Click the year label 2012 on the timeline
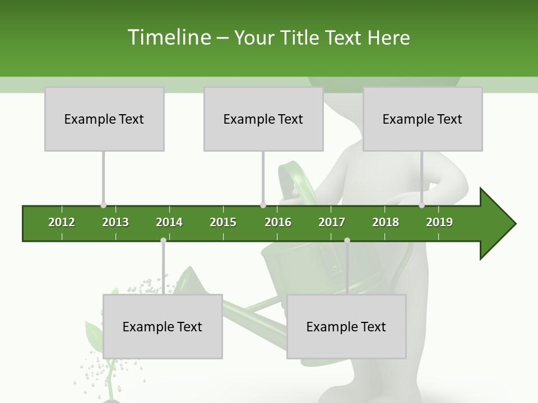pyautogui.click(x=62, y=222)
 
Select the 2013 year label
pyautogui.click(x=115, y=222)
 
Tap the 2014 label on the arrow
pyautogui.click(x=169, y=222)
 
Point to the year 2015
pyautogui.click(x=223, y=222)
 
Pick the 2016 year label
pyautogui.click(x=278, y=222)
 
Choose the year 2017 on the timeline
pyautogui.click(x=332, y=222)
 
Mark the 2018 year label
pyautogui.click(x=386, y=222)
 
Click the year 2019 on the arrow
pyautogui.click(x=439, y=222)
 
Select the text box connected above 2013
pyautogui.click(x=104, y=119)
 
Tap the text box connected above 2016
pyautogui.click(x=263, y=119)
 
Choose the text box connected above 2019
pyautogui.click(x=423, y=119)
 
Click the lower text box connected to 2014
pyautogui.click(x=163, y=326)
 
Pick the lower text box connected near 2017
pyautogui.click(x=346, y=326)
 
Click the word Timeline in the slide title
pyautogui.click(x=169, y=38)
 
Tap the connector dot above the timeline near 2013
pyautogui.click(x=103, y=205)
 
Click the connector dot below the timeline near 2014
pyautogui.click(x=163, y=240)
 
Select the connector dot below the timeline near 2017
pyautogui.click(x=347, y=240)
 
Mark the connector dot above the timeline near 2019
pyautogui.click(x=421, y=205)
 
